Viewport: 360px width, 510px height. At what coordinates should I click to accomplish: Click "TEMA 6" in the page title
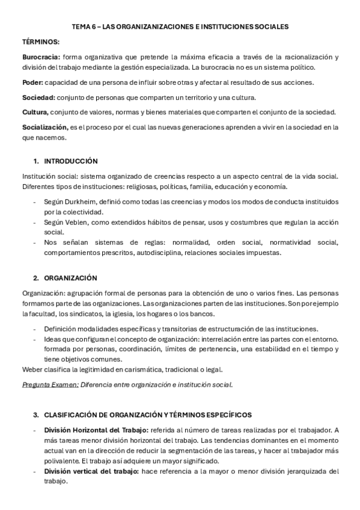coord(84,26)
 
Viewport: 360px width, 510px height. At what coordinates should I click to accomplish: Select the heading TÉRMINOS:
coord(41,41)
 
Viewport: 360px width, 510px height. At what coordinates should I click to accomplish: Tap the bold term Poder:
coord(32,82)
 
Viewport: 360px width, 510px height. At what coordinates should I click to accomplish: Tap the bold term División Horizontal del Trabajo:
coord(88,430)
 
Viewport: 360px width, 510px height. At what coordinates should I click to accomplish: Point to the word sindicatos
coord(84,313)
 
